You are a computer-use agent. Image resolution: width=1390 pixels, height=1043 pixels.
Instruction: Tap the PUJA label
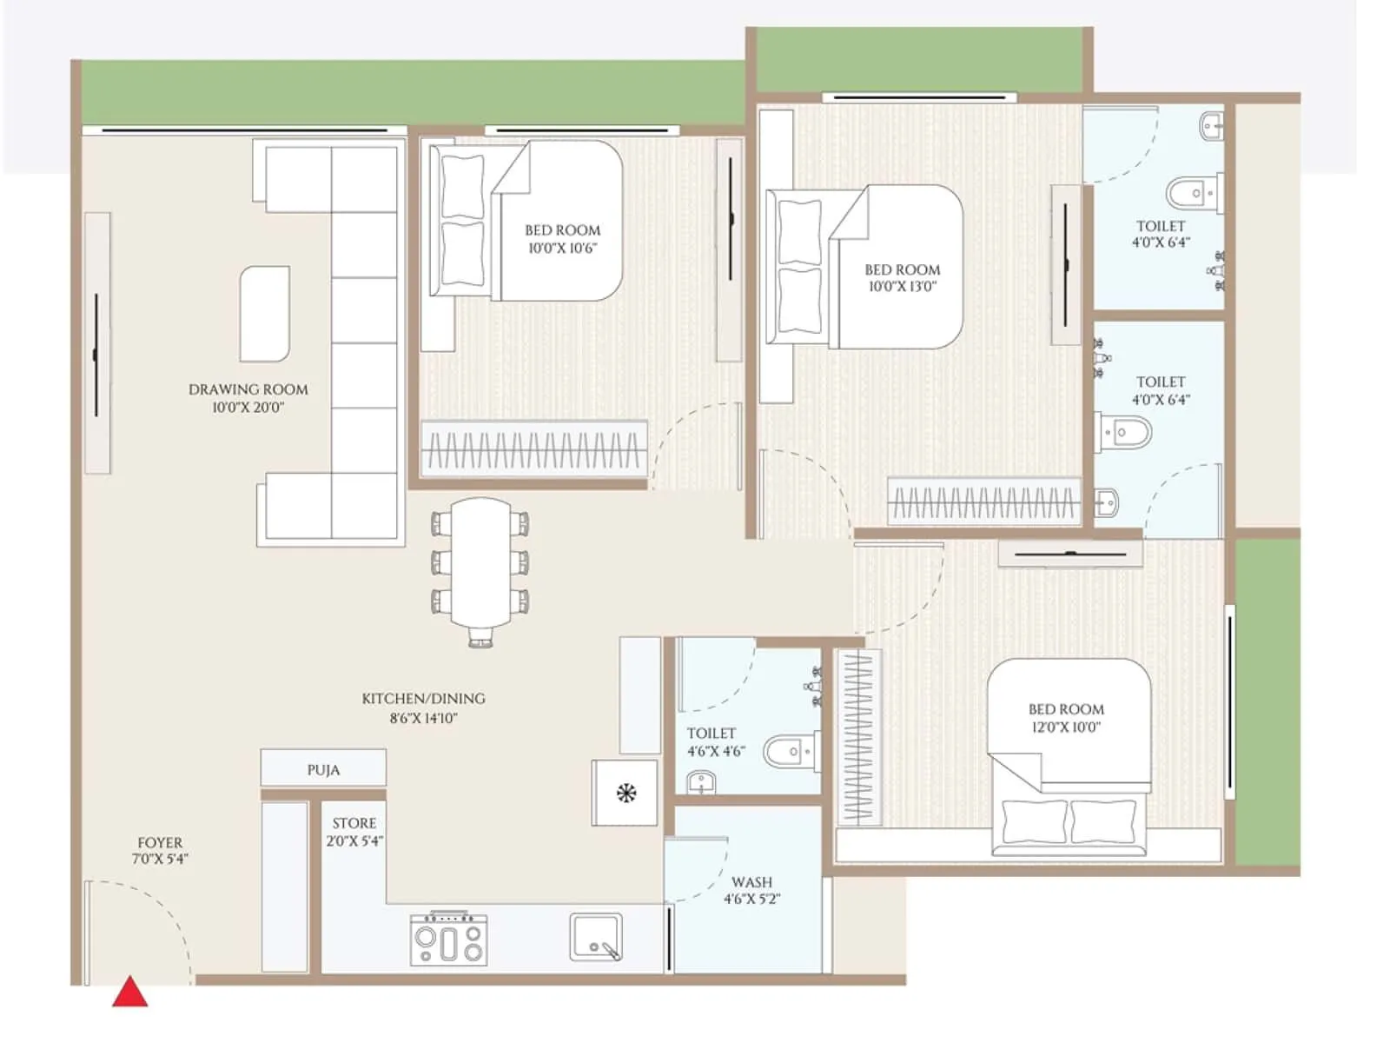click(x=323, y=770)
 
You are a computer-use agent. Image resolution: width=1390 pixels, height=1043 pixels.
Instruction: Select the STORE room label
click(x=354, y=823)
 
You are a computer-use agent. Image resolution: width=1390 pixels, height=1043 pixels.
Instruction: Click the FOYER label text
click(x=160, y=843)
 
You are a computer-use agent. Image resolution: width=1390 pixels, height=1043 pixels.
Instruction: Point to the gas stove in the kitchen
click(x=448, y=940)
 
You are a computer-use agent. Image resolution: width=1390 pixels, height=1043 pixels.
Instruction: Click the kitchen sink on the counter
click(x=596, y=937)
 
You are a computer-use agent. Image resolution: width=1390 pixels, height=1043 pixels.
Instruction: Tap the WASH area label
click(x=751, y=882)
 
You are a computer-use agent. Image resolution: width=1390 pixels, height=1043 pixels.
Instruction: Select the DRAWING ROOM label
click(x=248, y=389)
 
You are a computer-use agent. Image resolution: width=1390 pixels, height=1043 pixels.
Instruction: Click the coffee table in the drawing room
click(x=264, y=314)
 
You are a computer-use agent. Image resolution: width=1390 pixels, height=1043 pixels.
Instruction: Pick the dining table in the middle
click(x=480, y=561)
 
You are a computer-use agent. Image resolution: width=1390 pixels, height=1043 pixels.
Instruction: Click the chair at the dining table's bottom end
click(x=480, y=640)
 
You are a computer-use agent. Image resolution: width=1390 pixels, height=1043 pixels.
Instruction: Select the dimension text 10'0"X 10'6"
click(x=563, y=249)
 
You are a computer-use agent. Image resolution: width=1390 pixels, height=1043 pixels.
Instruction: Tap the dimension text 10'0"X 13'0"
click(x=903, y=287)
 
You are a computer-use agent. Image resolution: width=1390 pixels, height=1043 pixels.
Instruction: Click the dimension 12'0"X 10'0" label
click(x=1066, y=727)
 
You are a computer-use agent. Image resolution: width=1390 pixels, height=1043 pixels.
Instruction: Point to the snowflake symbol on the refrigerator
click(x=625, y=793)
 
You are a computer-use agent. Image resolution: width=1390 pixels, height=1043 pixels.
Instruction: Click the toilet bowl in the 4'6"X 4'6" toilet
click(x=786, y=751)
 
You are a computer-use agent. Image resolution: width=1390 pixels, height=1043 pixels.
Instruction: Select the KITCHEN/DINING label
click(x=423, y=699)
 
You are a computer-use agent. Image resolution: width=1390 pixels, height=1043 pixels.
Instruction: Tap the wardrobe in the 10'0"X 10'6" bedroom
click(x=533, y=449)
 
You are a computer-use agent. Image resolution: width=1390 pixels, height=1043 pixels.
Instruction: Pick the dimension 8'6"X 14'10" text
click(x=423, y=719)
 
